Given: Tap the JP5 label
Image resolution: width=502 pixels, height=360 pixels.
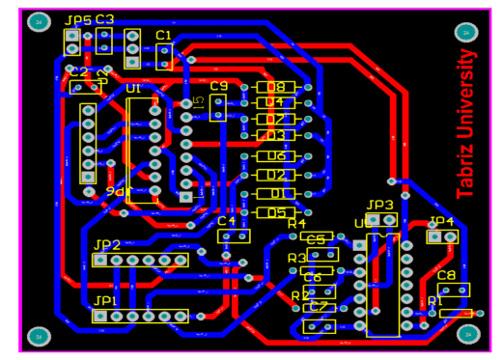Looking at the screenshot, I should (77, 20).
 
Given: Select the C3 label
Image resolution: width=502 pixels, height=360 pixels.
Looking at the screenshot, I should (104, 19).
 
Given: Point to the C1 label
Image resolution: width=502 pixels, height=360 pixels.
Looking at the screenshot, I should (163, 35).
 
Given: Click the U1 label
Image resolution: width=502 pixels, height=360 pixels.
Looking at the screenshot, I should (133, 89).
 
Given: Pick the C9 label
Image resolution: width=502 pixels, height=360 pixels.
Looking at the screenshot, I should (218, 87).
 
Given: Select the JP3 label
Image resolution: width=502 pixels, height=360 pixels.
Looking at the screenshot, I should (379, 206).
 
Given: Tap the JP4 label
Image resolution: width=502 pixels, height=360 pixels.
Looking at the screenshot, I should (441, 222).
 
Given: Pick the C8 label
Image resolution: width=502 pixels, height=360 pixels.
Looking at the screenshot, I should (446, 276).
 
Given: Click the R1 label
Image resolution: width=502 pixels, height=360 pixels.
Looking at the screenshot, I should (435, 301).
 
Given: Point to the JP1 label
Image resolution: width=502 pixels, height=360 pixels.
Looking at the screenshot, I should (104, 301).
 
